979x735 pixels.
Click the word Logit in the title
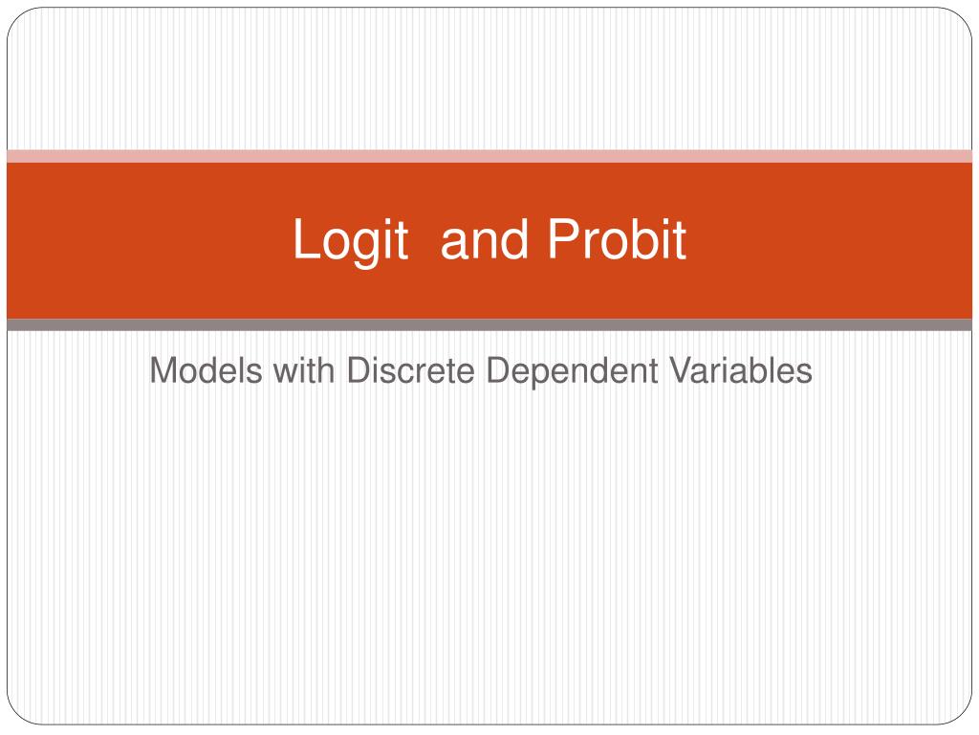[350, 239]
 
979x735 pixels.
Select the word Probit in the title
[617, 239]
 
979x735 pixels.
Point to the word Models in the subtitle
[206, 369]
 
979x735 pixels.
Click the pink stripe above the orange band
[489, 156]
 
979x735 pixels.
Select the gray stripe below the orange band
[489, 324]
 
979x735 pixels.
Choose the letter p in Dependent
[519, 373]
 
